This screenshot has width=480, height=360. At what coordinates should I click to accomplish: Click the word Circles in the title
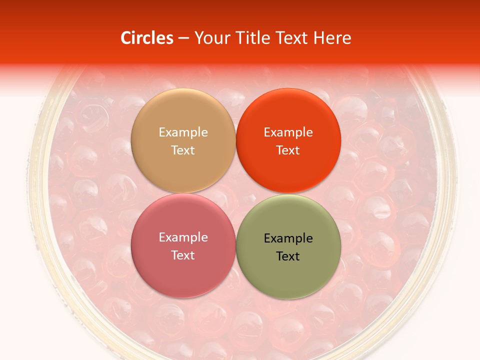[146, 38]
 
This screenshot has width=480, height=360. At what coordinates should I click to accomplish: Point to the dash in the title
[183, 38]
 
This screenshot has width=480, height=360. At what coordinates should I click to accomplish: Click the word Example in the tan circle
[183, 132]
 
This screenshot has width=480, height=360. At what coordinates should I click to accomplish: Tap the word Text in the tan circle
[183, 150]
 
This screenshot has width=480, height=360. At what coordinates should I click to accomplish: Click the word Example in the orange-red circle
[288, 132]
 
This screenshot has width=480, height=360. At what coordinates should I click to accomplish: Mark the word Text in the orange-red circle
[288, 150]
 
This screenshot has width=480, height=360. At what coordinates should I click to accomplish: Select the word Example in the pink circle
[183, 237]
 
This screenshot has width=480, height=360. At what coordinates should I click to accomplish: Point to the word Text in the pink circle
[183, 255]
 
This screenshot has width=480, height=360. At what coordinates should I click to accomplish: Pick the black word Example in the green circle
[288, 238]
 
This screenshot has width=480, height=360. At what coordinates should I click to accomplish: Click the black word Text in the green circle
[288, 256]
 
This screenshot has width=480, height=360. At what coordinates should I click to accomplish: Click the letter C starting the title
[126, 38]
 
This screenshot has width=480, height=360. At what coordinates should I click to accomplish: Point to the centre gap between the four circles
[236, 193]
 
